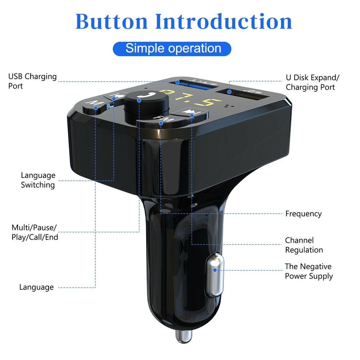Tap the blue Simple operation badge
[x=172, y=48]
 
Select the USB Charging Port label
[x=32, y=81]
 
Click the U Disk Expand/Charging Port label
[x=312, y=82]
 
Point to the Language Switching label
[x=38, y=180]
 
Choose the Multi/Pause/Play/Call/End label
[x=35, y=232]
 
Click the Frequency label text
[x=303, y=214]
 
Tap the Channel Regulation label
[x=304, y=245]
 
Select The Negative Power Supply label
[x=309, y=271]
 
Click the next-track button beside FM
[x=189, y=113]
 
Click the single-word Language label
[x=36, y=287]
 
